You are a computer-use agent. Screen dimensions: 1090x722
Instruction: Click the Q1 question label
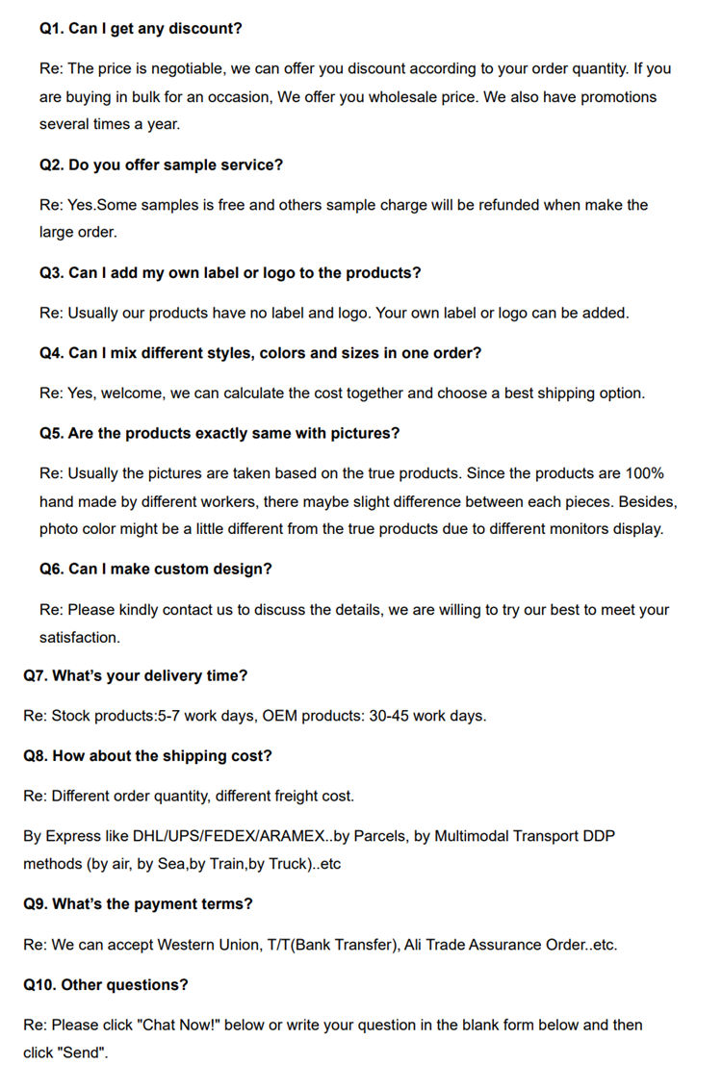[x=51, y=29]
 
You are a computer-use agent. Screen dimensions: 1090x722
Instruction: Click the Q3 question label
[x=51, y=273]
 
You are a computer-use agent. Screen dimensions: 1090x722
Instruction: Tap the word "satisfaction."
[x=80, y=638]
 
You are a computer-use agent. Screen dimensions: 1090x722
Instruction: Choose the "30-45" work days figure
[x=390, y=716]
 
